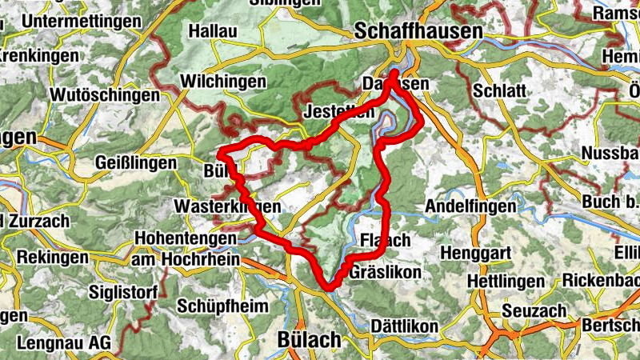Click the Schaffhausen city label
[x=418, y=31]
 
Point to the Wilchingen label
[x=223, y=82]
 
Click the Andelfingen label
[x=470, y=206]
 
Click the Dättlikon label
[x=405, y=326]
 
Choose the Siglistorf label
[x=123, y=291]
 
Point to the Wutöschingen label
[x=105, y=95]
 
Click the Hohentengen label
[x=186, y=238]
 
